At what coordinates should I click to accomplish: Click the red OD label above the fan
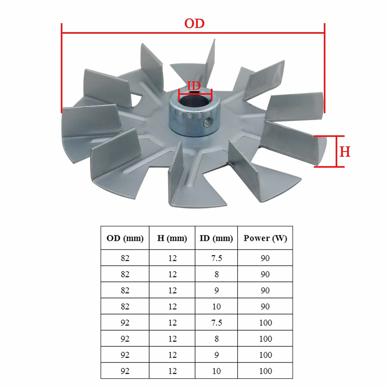(194, 23)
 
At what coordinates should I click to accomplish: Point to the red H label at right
(345, 152)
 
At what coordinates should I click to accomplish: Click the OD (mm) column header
(125, 238)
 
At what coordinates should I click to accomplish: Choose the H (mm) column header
(172, 238)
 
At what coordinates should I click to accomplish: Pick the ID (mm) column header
(216, 238)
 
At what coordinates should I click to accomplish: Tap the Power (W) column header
(265, 238)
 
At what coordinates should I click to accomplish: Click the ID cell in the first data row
(216, 258)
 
